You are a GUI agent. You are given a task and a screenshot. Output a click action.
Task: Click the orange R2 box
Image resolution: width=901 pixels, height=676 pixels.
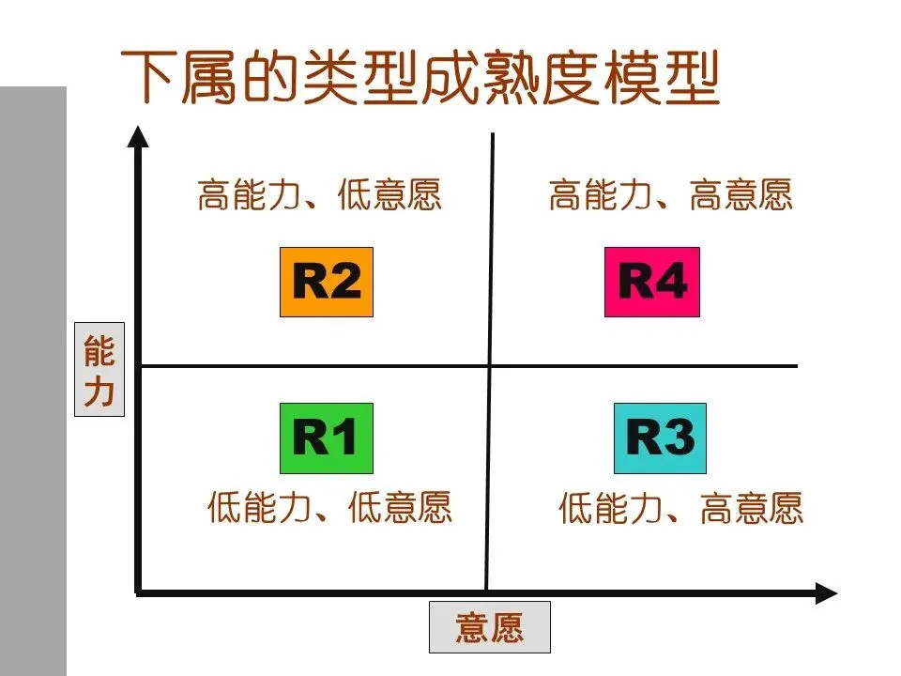(x=327, y=282)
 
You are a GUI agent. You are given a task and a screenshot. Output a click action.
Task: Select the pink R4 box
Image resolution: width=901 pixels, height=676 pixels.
(x=652, y=283)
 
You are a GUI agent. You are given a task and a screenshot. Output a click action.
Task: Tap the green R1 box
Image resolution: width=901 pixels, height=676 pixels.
(x=327, y=438)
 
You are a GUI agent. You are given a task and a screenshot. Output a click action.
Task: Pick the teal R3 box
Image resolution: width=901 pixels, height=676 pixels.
(x=660, y=438)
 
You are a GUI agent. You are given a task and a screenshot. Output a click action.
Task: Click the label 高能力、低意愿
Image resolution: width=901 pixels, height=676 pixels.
(x=319, y=196)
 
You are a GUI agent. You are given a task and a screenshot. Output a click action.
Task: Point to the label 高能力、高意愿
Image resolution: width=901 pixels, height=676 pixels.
(x=670, y=196)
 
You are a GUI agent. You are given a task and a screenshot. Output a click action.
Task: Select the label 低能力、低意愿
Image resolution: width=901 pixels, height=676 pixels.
(x=329, y=508)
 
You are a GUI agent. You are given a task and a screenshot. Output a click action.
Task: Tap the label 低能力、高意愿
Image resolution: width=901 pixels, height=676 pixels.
(x=681, y=508)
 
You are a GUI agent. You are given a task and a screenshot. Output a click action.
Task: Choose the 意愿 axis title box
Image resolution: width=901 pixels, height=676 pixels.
(x=489, y=626)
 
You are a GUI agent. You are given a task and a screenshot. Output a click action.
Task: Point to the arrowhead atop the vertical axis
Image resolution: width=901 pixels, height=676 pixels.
(x=139, y=136)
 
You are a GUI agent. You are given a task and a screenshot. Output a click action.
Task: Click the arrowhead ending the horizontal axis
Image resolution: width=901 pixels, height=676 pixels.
(x=826, y=592)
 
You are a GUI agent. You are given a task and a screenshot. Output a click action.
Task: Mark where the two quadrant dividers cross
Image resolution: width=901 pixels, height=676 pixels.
(x=489, y=365)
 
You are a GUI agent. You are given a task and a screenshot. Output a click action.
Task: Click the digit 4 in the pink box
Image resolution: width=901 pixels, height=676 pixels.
(x=672, y=283)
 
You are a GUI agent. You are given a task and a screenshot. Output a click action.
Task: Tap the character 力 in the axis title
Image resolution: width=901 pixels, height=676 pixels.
(x=99, y=390)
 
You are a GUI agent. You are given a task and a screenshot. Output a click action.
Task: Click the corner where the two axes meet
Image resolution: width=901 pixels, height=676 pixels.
(x=139, y=592)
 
